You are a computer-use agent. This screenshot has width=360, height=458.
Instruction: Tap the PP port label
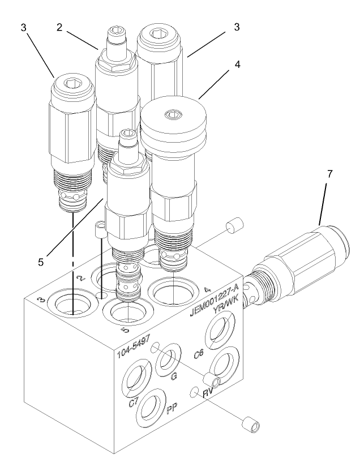coord(173,409)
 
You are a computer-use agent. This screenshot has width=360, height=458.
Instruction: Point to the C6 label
coord(198,354)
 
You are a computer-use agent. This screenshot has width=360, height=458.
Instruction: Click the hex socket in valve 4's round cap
coord(172,115)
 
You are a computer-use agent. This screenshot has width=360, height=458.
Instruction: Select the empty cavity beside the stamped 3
coord(71,305)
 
